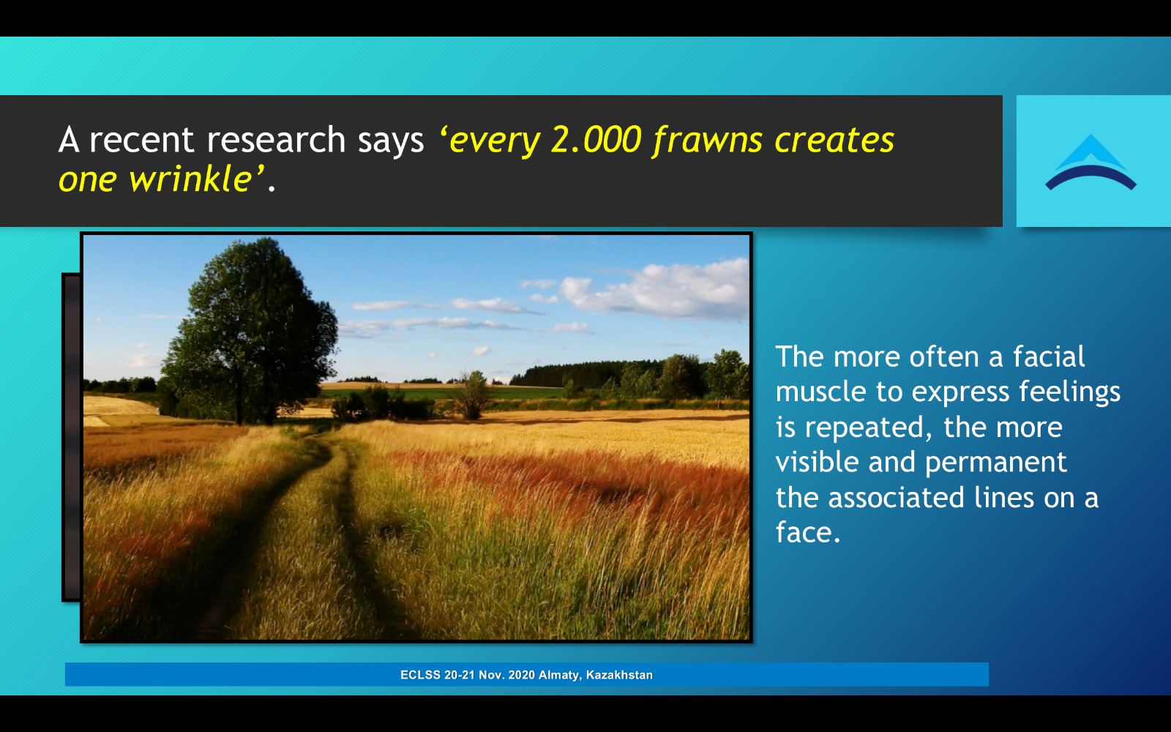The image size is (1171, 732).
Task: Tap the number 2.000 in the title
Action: tap(596, 140)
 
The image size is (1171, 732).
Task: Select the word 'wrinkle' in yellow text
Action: tap(191, 179)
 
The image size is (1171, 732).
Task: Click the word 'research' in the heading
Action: tap(276, 140)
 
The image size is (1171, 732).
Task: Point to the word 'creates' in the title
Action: tap(834, 140)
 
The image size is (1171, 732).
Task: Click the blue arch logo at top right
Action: tap(1090, 163)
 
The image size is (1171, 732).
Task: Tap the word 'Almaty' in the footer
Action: tap(559, 675)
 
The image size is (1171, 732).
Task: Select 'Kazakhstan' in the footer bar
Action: tap(619, 675)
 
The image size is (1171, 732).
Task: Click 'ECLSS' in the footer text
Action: tap(420, 675)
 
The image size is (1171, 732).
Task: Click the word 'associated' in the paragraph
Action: tap(896, 497)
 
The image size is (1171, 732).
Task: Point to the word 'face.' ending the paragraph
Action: tap(808, 532)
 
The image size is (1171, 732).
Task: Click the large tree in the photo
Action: tap(250, 329)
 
